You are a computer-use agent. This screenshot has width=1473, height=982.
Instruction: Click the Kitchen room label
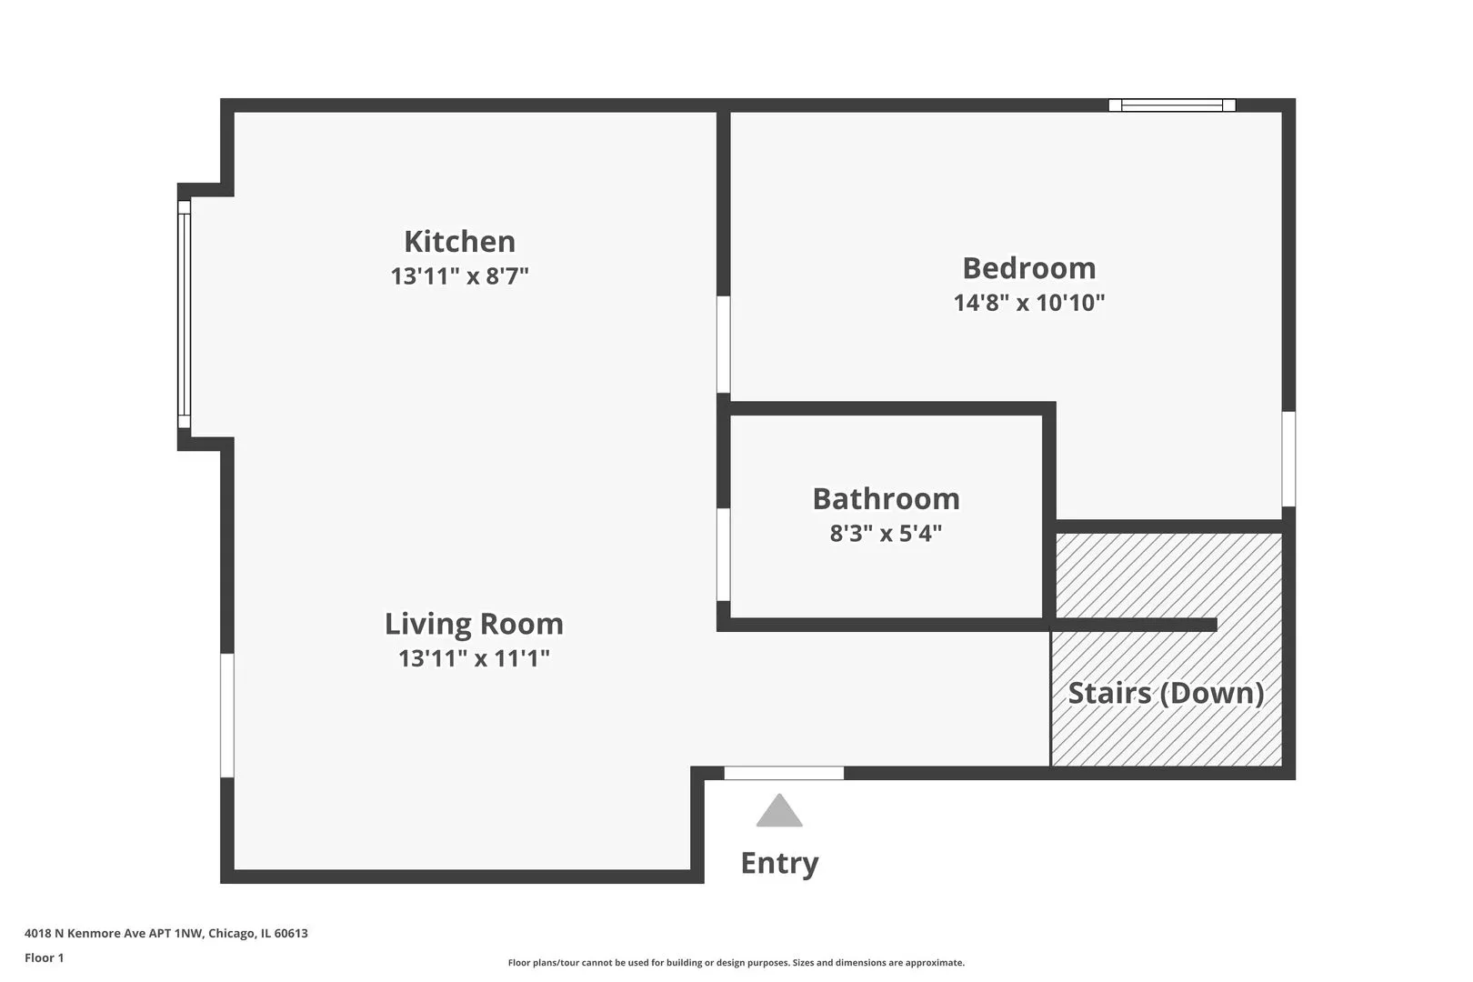[459, 242]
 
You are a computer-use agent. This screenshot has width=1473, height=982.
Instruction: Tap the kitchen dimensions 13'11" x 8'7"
[459, 276]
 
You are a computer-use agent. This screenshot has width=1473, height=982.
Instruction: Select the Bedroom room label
[1028, 268]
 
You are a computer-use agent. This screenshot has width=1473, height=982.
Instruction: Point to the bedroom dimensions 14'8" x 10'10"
[1028, 303]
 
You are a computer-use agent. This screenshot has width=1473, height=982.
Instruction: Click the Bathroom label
[886, 499]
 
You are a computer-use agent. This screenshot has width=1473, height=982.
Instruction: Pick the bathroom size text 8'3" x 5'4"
[886, 534]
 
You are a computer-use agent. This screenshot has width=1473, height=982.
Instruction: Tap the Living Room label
[474, 625]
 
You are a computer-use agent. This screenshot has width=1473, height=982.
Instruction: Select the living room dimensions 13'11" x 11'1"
[474, 658]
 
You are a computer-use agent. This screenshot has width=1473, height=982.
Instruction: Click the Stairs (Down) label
[1166, 694]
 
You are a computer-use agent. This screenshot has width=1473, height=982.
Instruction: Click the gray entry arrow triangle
[779, 812]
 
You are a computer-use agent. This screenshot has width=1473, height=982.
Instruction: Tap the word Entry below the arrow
[779, 863]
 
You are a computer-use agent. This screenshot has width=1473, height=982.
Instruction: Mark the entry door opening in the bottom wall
[784, 774]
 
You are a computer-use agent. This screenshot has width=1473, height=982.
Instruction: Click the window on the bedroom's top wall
[1172, 105]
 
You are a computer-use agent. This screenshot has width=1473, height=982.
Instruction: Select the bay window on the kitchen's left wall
[184, 314]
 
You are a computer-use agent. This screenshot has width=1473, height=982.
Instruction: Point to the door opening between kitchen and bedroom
[724, 345]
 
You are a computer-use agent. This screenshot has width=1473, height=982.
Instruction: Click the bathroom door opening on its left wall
[724, 555]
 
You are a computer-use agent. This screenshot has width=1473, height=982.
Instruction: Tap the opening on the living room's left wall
[227, 716]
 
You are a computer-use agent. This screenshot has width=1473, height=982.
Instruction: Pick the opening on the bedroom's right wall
[1288, 459]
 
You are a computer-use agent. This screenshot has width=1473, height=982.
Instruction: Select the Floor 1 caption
[45, 958]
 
